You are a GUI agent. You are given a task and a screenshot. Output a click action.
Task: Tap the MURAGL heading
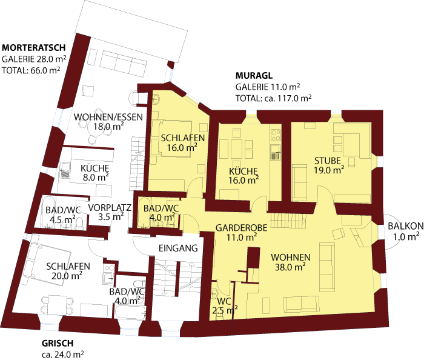click(x=254, y=76)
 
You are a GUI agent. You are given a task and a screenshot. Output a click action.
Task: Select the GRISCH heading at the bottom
click(x=58, y=343)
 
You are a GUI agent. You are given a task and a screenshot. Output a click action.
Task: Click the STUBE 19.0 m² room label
click(x=329, y=165)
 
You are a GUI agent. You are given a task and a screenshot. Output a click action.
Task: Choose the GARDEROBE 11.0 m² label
click(x=237, y=232)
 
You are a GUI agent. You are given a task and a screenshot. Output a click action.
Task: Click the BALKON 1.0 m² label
click(x=405, y=232)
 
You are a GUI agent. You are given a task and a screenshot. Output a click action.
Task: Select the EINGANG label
click(x=178, y=248)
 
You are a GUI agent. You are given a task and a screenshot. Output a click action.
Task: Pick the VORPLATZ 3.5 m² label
click(x=110, y=212)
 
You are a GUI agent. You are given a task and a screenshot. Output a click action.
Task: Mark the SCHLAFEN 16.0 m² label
click(x=182, y=142)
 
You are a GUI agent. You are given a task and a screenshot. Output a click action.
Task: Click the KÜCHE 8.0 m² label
click(x=94, y=173)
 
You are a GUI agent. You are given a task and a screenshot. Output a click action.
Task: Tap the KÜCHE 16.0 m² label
click(x=243, y=175)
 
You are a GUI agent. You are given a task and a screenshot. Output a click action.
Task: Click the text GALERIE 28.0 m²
click(x=34, y=59)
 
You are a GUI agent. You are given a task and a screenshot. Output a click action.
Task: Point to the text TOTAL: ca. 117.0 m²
click(x=273, y=98)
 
